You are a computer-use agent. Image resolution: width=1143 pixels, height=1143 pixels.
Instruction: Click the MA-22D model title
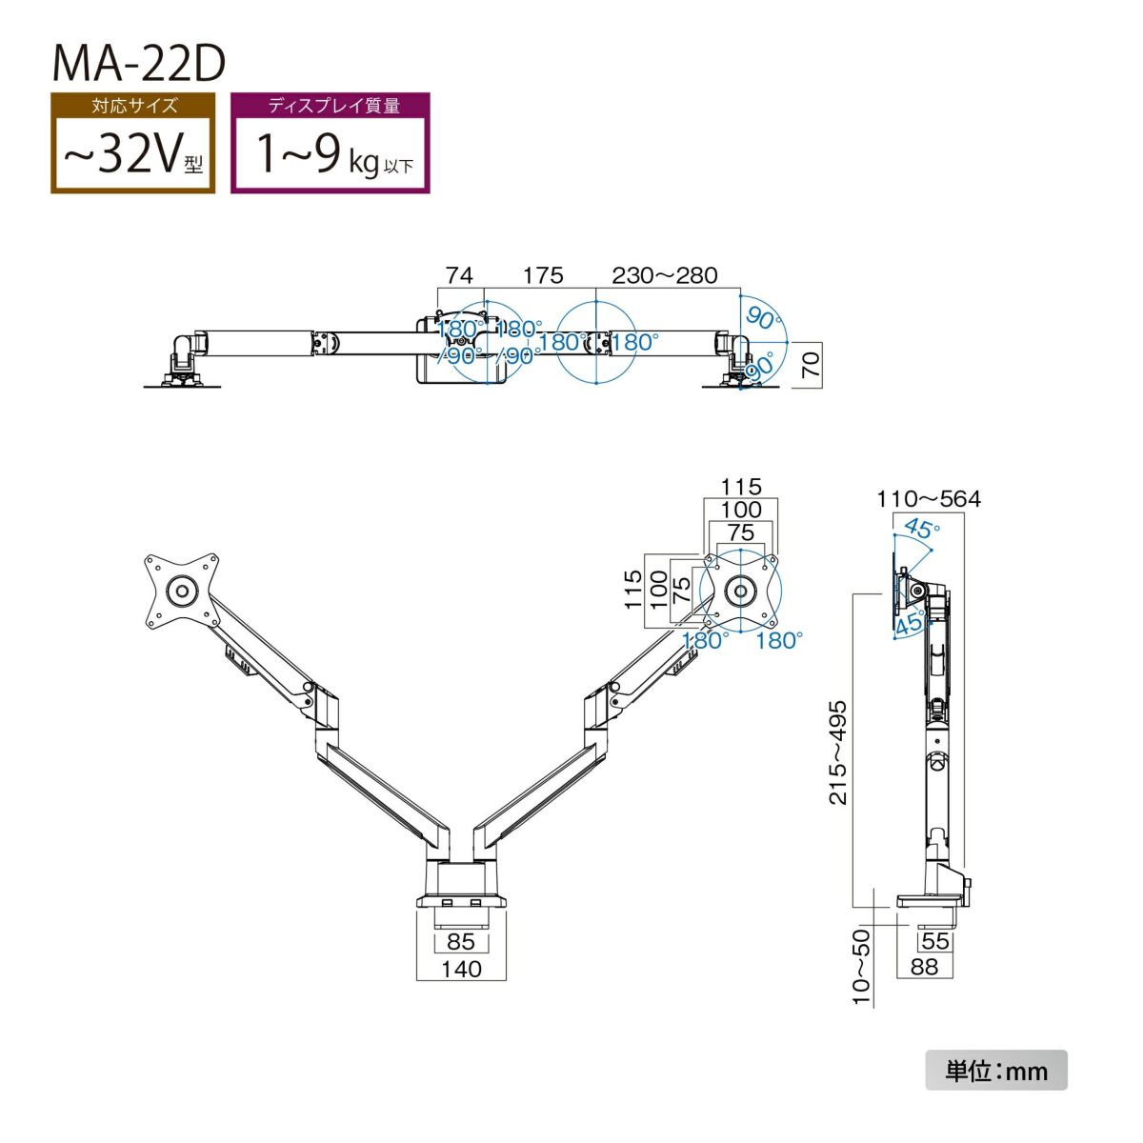click(x=138, y=62)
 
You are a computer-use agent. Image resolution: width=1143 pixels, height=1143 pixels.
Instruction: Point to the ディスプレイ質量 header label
click(x=331, y=106)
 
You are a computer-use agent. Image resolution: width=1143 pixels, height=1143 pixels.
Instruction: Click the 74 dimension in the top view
click(x=459, y=275)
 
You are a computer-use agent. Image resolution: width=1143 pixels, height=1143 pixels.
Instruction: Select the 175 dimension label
click(x=543, y=275)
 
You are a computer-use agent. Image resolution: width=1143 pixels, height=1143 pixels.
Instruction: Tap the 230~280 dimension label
click(x=664, y=275)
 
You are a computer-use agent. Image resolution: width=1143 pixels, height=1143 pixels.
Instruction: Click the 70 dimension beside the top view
click(x=811, y=365)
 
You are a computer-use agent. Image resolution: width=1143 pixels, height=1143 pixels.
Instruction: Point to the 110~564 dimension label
click(x=929, y=498)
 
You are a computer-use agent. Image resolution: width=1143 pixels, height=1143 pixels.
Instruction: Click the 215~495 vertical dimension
click(x=838, y=752)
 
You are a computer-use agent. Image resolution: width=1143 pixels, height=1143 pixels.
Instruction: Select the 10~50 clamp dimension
click(x=862, y=967)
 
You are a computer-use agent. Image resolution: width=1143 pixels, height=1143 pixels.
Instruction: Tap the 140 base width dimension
click(x=462, y=969)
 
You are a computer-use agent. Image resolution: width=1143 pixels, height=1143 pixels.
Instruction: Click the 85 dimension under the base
click(x=461, y=941)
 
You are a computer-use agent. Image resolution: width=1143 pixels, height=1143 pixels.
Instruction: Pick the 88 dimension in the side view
click(x=924, y=967)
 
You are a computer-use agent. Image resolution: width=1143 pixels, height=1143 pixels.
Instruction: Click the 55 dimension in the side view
click(x=935, y=941)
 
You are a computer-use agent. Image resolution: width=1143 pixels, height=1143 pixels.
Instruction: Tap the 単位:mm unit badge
click(x=996, y=1071)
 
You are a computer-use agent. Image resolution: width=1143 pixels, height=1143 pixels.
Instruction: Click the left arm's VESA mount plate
click(x=181, y=591)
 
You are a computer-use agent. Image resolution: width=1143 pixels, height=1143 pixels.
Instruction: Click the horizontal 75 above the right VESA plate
click(x=741, y=533)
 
